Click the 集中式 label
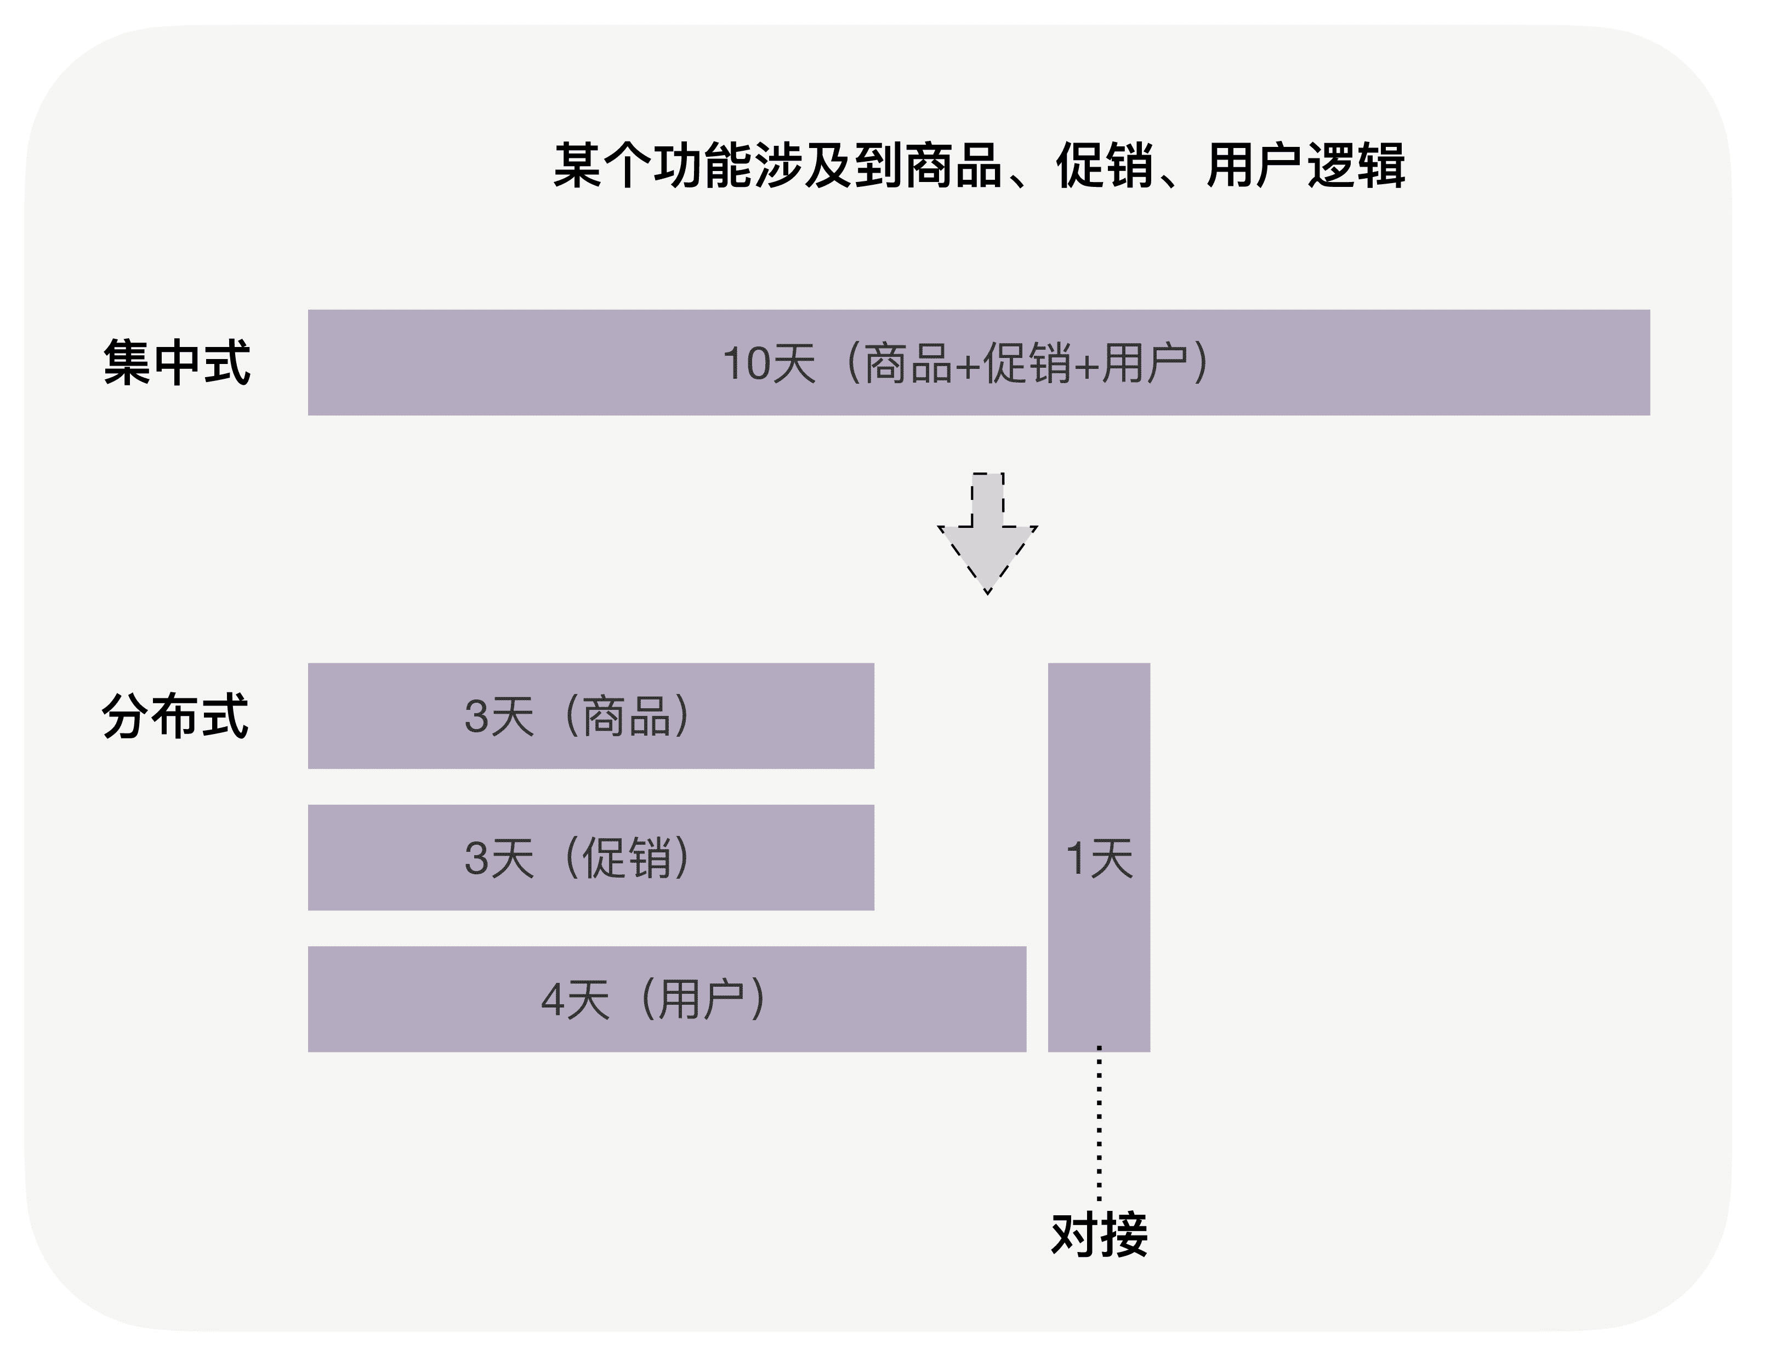pyautogui.click(x=177, y=363)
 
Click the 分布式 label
pyautogui.click(x=175, y=716)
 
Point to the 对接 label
pyautogui.click(x=1099, y=1234)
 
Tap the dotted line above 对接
pyautogui.click(x=1099, y=1125)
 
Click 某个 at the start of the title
pyautogui.click(x=602, y=166)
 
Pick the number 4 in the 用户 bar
pyautogui.click(x=552, y=1000)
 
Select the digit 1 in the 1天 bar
pyautogui.click(x=1075, y=858)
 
